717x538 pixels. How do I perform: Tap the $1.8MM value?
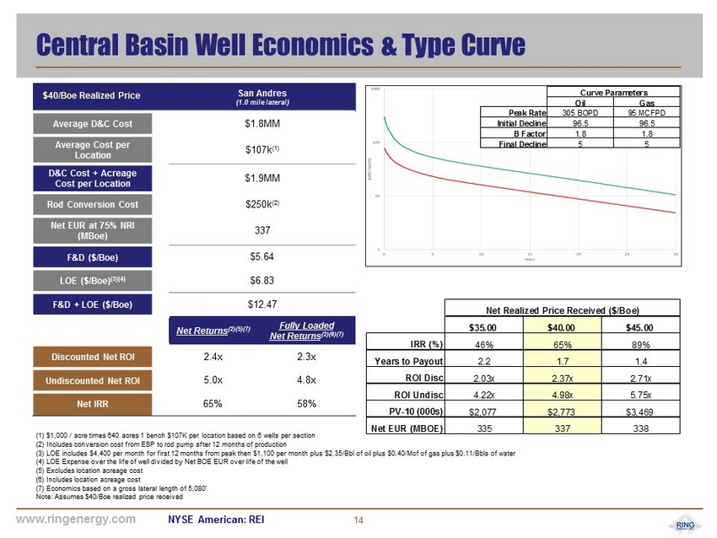(x=262, y=124)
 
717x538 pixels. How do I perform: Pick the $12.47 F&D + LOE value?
(x=262, y=302)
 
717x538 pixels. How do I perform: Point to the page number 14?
(x=358, y=520)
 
